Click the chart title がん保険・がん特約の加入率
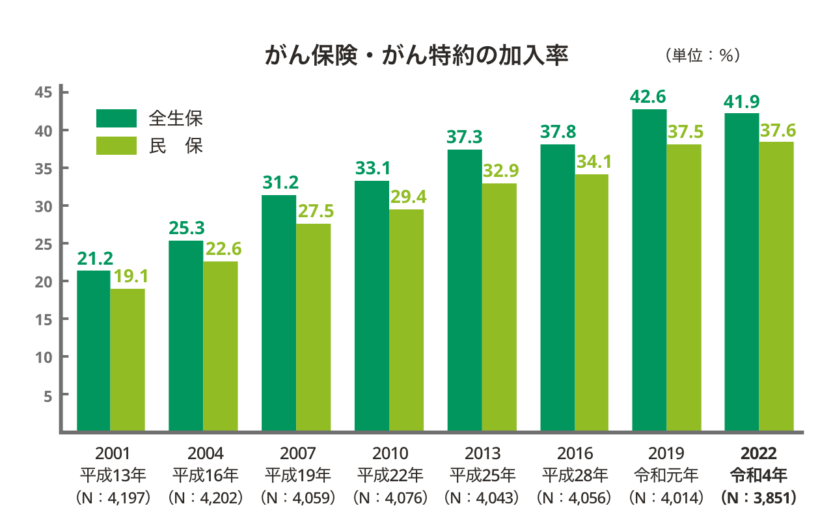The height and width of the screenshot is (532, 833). (x=416, y=56)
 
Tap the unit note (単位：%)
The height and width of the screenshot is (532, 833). (x=703, y=56)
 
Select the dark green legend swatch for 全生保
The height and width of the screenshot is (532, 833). (x=116, y=118)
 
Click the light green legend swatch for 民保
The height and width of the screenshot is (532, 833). (x=116, y=146)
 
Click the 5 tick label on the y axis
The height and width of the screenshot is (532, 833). (x=48, y=395)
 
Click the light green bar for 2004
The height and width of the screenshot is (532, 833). (x=220, y=345)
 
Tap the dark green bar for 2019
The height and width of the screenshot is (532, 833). (x=649, y=269)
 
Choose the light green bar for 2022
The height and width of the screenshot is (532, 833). (x=777, y=286)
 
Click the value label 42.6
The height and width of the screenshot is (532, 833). (x=648, y=97)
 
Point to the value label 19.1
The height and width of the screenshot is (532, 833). (x=131, y=276)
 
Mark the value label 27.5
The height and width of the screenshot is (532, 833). (x=315, y=211)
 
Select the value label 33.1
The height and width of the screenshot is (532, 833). (x=372, y=168)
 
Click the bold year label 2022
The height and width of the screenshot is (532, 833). (x=759, y=453)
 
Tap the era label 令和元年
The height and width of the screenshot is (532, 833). (x=666, y=475)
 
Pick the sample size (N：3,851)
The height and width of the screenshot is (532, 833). (x=759, y=498)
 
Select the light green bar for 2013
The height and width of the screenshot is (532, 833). (x=499, y=306)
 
